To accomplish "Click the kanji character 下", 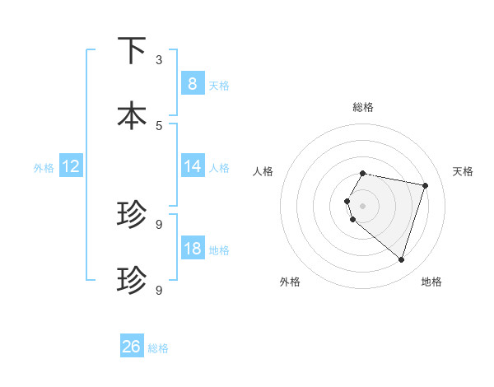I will click(x=132, y=51).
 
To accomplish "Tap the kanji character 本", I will click(x=132, y=115).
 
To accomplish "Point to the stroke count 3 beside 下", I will click(x=159, y=60).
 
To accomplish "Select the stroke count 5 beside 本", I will click(x=159, y=125).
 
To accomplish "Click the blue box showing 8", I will click(x=192, y=83).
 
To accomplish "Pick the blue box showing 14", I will click(x=192, y=166).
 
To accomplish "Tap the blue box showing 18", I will click(x=192, y=249).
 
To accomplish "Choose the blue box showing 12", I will click(x=71, y=166).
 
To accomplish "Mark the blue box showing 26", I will click(x=132, y=347).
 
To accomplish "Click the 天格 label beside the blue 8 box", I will click(x=219, y=85).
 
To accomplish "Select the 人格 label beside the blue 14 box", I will click(x=219, y=168).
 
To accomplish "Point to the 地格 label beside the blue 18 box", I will click(x=219, y=250).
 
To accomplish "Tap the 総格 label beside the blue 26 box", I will click(x=158, y=348).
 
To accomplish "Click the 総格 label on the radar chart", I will click(x=363, y=107).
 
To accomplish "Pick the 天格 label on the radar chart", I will click(x=463, y=171).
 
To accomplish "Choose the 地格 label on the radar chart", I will click(x=431, y=282).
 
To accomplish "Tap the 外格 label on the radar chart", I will click(x=290, y=282).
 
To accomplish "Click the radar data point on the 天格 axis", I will click(x=425, y=186).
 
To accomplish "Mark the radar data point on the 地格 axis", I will click(x=401, y=259).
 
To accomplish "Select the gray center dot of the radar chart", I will click(x=363, y=205).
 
